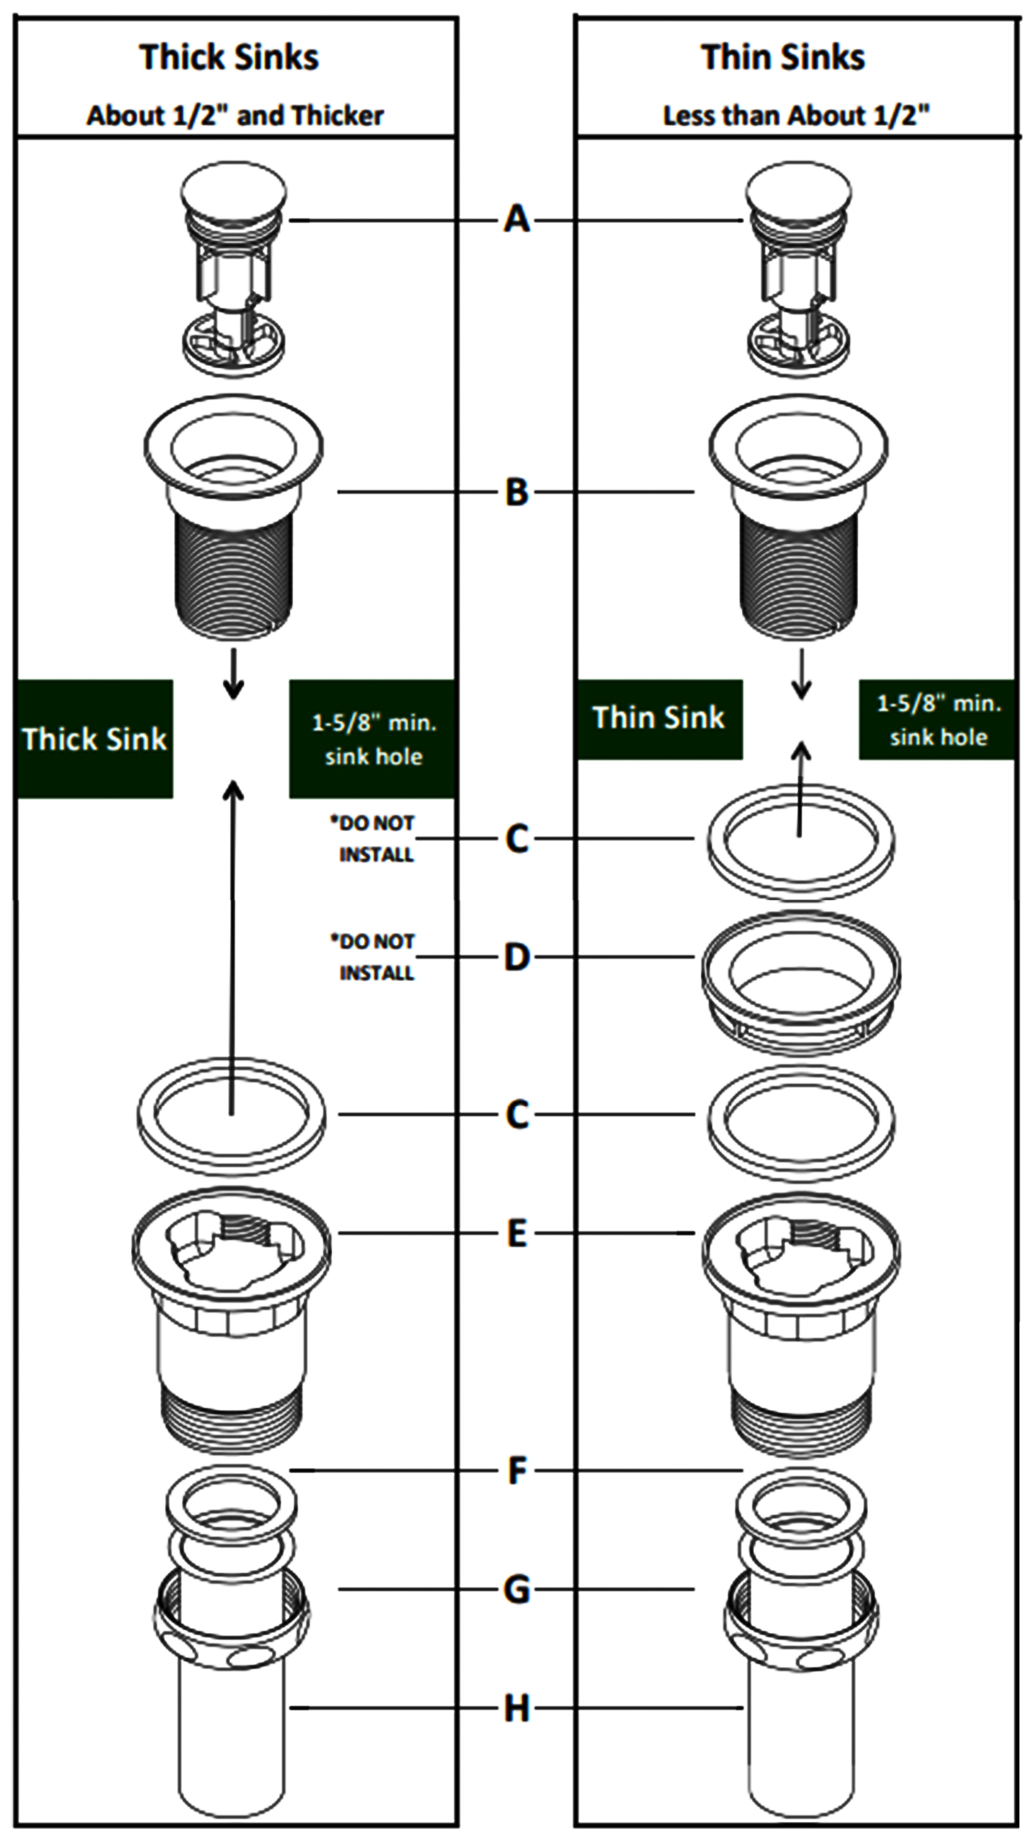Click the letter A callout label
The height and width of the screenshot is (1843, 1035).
tap(516, 219)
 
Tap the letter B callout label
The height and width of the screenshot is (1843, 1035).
tap(516, 492)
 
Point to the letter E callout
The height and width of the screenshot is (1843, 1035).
tap(516, 1233)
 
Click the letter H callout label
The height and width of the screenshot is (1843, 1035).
tap(516, 1709)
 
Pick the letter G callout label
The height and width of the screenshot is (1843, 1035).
tap(516, 1590)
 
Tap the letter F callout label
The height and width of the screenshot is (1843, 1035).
tap(516, 1471)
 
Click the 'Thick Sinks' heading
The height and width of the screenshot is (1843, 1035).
tap(229, 57)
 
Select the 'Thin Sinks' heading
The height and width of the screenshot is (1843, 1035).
tap(783, 57)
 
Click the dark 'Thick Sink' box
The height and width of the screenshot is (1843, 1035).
tap(95, 738)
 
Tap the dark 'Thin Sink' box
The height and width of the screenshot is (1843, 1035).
tap(659, 719)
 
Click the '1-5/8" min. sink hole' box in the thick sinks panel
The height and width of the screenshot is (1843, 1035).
tap(372, 739)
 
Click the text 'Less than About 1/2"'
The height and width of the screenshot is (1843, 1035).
tap(795, 115)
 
